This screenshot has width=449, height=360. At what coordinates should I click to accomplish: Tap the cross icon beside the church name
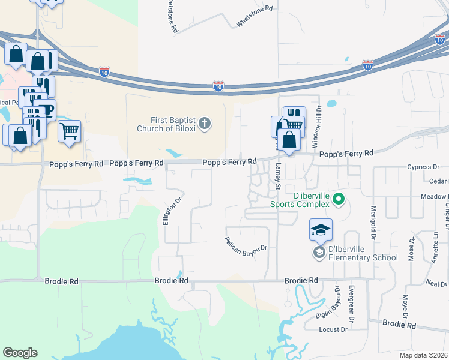[205, 124]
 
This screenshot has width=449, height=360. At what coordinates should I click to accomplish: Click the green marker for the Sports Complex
[339, 198]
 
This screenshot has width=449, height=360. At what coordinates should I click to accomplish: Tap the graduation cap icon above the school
[321, 230]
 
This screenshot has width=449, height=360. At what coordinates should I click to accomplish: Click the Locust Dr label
[334, 329]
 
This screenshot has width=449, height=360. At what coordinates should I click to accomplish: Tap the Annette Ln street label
[435, 250]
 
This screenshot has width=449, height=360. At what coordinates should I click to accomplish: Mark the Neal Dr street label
[436, 283]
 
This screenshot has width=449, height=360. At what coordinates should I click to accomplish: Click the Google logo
[20, 353]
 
